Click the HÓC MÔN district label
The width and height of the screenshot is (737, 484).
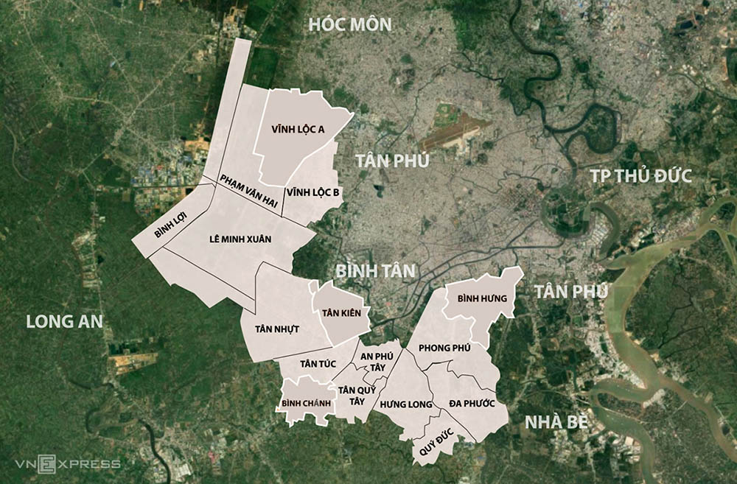(350, 24)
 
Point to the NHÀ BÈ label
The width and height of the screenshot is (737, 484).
(556, 422)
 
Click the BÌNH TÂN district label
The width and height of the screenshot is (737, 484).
(375, 270)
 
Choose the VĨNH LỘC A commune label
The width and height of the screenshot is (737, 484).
(298, 129)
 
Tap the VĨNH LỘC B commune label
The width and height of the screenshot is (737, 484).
(313, 193)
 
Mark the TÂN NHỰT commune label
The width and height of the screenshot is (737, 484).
(277, 329)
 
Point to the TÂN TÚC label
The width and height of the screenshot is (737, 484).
(318, 362)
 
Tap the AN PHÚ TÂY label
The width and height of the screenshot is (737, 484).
(376, 360)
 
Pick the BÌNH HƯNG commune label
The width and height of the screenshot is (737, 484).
(482, 298)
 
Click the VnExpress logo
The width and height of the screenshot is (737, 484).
(68, 463)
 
